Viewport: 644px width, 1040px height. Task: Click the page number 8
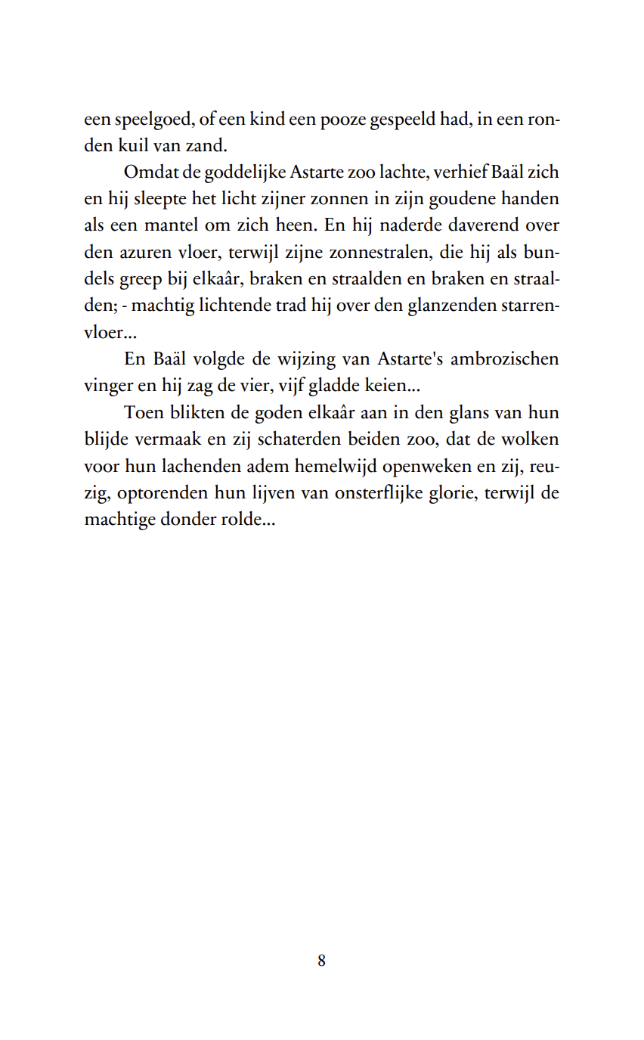pyautogui.click(x=322, y=961)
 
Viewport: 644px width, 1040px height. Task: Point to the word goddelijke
pyautogui.click(x=224, y=172)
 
